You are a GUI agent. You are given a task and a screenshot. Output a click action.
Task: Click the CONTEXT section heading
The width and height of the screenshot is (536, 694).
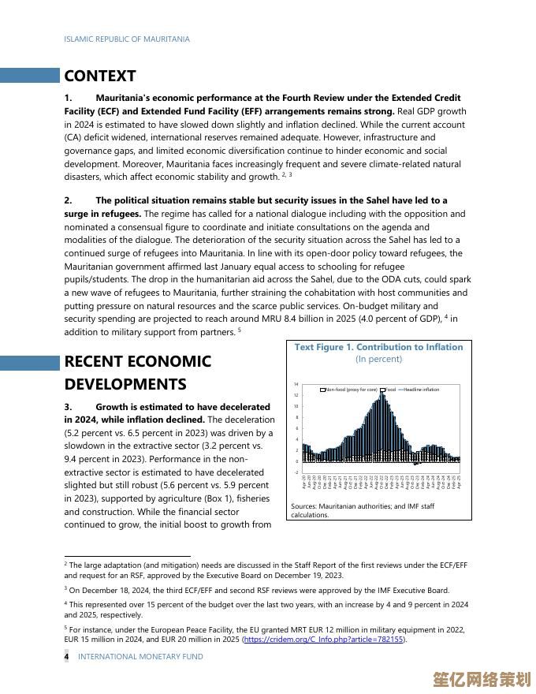(100, 76)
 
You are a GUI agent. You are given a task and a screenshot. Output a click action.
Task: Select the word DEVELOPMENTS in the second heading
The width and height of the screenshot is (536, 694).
(125, 384)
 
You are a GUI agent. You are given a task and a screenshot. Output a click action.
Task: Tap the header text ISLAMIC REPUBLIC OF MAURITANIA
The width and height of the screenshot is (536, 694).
(127, 39)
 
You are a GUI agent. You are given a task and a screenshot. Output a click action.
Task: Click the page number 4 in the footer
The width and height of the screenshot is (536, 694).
(66, 656)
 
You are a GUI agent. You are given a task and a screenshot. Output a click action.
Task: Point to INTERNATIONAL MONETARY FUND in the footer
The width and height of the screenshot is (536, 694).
(140, 656)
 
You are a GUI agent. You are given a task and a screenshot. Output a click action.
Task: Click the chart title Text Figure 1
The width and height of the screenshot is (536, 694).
(378, 347)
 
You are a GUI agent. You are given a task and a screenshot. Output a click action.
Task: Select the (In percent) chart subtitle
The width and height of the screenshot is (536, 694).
(378, 359)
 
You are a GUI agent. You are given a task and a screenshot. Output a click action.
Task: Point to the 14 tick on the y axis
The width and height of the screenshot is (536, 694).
(296, 384)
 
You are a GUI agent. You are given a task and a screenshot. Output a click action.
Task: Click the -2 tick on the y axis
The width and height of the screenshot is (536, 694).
(296, 472)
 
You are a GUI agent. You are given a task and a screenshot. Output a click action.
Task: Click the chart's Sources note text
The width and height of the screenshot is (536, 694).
(363, 510)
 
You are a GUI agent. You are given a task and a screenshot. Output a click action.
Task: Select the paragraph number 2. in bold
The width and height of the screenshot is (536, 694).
(68, 200)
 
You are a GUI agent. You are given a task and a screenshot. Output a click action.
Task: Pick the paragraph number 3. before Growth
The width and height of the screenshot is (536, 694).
(68, 406)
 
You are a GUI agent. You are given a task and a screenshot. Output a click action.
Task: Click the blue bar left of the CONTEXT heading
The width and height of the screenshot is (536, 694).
(30, 76)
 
